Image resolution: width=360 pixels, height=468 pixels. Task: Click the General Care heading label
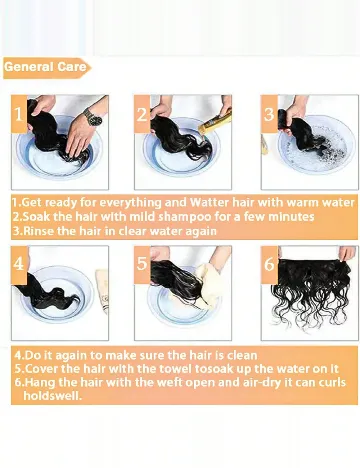[46, 68]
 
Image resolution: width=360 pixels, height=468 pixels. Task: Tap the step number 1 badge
[19, 114]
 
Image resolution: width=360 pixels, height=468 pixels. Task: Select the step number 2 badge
[142, 114]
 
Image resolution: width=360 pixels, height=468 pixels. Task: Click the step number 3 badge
[269, 114]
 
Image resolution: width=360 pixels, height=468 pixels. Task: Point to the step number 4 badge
[19, 265]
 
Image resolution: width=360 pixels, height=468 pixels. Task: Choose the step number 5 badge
[142, 265]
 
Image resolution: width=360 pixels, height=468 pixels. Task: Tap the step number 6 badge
[269, 265]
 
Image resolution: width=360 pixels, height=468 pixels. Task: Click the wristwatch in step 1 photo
[92, 118]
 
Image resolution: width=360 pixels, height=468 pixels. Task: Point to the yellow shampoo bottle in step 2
[214, 122]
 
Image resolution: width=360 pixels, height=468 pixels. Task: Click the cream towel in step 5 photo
[208, 285]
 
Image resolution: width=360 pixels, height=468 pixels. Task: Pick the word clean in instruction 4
[242, 355]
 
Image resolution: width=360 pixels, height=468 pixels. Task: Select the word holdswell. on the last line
[52, 396]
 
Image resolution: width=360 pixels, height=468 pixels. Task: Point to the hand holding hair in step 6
[347, 253]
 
